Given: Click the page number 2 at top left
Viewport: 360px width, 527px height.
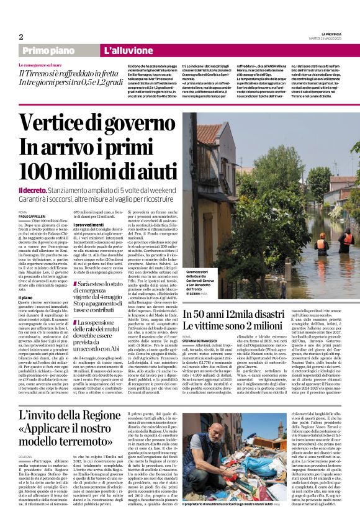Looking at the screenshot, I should [20, 37].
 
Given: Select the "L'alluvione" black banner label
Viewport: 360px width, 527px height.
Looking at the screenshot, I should [128, 50].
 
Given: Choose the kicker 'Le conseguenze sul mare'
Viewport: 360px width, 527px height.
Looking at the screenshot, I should [40, 65].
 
